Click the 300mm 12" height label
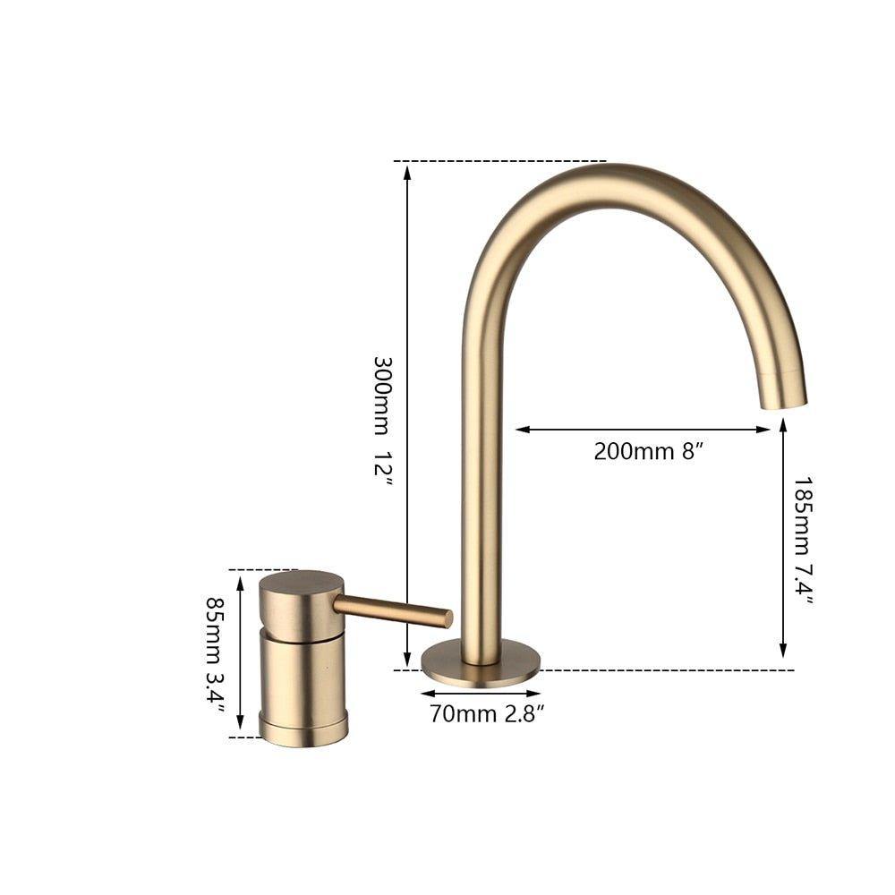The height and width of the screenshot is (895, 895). (382, 421)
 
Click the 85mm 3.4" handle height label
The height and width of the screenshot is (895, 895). (215, 652)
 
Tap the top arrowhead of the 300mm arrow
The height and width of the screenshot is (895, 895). (407, 171)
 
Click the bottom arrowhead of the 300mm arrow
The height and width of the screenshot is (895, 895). (407, 659)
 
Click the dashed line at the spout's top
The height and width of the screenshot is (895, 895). (501, 162)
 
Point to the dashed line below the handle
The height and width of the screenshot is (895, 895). (246, 737)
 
